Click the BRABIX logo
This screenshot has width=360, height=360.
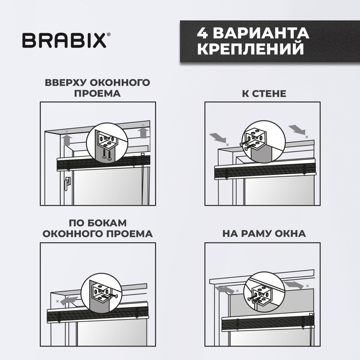point(64,41)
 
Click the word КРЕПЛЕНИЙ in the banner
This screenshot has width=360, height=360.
point(250,49)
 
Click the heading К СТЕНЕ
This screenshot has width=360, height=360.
point(264,93)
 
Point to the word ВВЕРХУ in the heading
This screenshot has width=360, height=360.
point(66,82)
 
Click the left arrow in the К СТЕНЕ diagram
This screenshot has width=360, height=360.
point(219,138)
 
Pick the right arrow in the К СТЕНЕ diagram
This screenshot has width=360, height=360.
point(298,130)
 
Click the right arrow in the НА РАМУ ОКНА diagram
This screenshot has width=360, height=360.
point(292,284)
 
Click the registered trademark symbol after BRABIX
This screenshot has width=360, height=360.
point(108,35)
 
